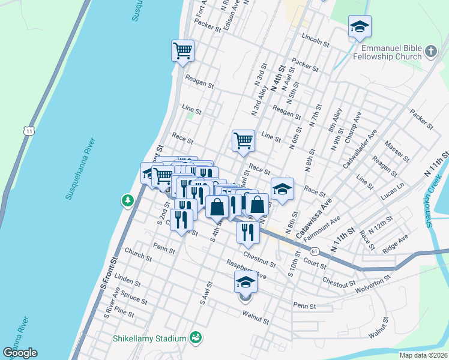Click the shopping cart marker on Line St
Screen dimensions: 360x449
tap(243, 140)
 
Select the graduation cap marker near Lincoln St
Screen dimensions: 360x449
tap(360, 27)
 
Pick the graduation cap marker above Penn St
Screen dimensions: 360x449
tap(245, 281)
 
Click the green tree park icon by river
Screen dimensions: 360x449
tap(127, 199)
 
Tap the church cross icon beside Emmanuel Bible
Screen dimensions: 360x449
tap(430, 52)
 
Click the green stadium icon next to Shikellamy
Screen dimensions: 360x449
tap(195, 338)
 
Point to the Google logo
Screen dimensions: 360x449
tap(20, 353)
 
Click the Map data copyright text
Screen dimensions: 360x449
tap(424, 355)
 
